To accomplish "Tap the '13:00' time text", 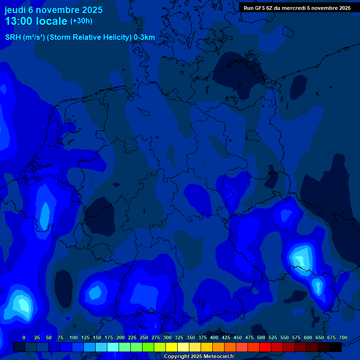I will coord(19,21).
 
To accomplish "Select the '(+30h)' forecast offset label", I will coord(81,21).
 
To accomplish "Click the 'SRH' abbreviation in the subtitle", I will coord(13,37).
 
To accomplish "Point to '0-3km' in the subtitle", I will coord(144,37).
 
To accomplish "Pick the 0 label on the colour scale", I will coord(24,337).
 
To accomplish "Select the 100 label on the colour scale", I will coord(74,337).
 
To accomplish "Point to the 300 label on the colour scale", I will coord(167,337).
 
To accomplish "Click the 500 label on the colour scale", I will coord(261,337).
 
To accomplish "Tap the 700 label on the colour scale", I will coord(343,337).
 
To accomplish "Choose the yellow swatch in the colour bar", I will coord(172,347).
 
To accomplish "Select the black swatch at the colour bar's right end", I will coord(336,347).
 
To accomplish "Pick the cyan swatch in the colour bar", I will coord(113,347).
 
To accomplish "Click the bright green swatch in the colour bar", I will coord(148,347).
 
